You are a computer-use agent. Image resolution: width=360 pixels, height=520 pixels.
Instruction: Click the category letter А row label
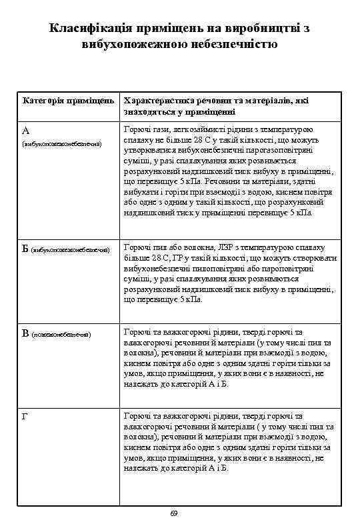25,130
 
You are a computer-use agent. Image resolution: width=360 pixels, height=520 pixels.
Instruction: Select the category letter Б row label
25,249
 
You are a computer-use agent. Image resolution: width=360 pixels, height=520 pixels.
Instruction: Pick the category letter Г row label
25,416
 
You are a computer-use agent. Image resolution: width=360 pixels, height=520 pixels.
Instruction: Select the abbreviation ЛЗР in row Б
217,248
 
